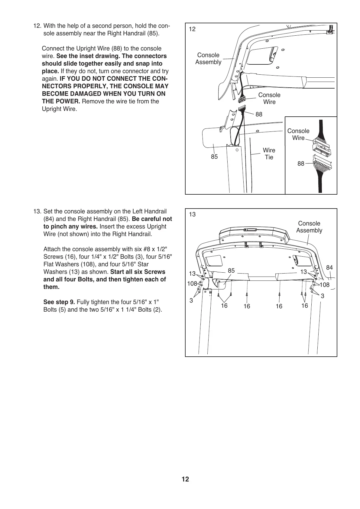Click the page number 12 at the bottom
(x=185, y=479)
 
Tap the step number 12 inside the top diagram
(x=192, y=29)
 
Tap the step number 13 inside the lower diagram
(x=192, y=215)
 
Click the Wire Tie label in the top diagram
(x=269, y=154)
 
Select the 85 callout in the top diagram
(x=214, y=157)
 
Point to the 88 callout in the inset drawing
(x=301, y=164)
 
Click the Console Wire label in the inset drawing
(x=298, y=134)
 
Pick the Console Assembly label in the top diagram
(x=208, y=58)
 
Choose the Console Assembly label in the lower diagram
(x=309, y=227)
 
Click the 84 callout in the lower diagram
(x=329, y=267)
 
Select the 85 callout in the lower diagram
(x=231, y=271)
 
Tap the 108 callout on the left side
(x=192, y=284)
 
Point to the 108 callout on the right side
(x=325, y=285)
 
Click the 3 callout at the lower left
(x=191, y=300)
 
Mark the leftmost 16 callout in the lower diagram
(x=224, y=306)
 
